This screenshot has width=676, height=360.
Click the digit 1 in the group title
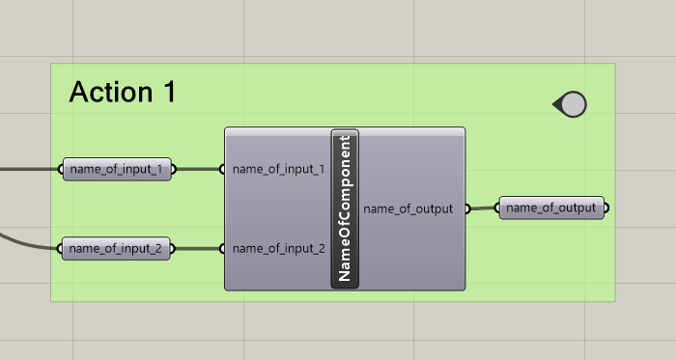[169, 93]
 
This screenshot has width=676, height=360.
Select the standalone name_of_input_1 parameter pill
[117, 170]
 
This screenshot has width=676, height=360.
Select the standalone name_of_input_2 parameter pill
[117, 249]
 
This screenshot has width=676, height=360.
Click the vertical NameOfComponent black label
[345, 208]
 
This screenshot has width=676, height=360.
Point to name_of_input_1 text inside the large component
[278, 170]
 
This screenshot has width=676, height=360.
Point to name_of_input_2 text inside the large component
[278, 249]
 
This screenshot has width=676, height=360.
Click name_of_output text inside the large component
[408, 208]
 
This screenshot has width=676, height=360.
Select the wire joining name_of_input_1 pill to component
[198, 170]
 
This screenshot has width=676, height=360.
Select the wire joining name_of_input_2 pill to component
[198, 249]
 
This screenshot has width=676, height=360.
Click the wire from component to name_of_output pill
[483, 208]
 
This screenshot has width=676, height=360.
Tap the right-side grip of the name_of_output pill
[606, 208]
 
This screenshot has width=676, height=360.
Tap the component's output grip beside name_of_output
[466, 208]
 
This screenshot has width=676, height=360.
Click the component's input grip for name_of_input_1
[223, 170]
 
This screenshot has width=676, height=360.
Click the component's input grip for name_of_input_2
[223, 249]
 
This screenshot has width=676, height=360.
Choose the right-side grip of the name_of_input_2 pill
[173, 249]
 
